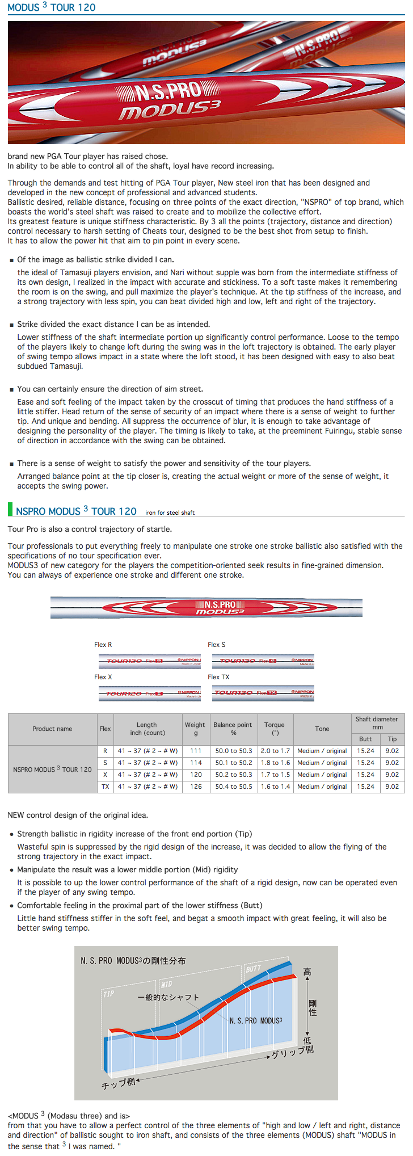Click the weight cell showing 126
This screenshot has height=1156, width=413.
(x=196, y=787)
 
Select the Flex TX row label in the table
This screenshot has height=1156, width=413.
(x=105, y=787)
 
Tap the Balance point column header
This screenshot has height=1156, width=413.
(x=233, y=729)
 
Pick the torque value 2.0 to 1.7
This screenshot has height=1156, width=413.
(x=275, y=751)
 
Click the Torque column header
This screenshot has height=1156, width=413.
(x=275, y=729)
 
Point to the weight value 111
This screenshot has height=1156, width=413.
(x=196, y=751)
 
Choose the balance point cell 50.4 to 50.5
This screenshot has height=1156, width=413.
(x=234, y=787)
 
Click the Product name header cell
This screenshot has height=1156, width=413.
(x=52, y=729)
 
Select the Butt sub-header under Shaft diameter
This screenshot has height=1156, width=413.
(x=365, y=739)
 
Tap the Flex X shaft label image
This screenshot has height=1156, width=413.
(x=149, y=693)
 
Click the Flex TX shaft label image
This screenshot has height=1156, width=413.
(x=263, y=693)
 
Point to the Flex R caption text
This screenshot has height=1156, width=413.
(x=103, y=645)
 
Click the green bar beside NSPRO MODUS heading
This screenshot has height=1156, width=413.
(x=10, y=509)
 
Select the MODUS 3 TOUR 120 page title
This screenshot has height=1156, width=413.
(x=52, y=7)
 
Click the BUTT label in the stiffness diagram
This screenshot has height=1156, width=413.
(x=254, y=969)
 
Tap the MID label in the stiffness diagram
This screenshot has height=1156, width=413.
(x=166, y=984)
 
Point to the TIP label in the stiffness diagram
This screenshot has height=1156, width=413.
(x=108, y=994)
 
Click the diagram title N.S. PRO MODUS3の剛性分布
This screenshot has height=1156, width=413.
(x=133, y=961)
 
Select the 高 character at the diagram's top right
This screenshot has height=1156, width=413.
(x=307, y=972)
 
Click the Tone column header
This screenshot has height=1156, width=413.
(x=322, y=729)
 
